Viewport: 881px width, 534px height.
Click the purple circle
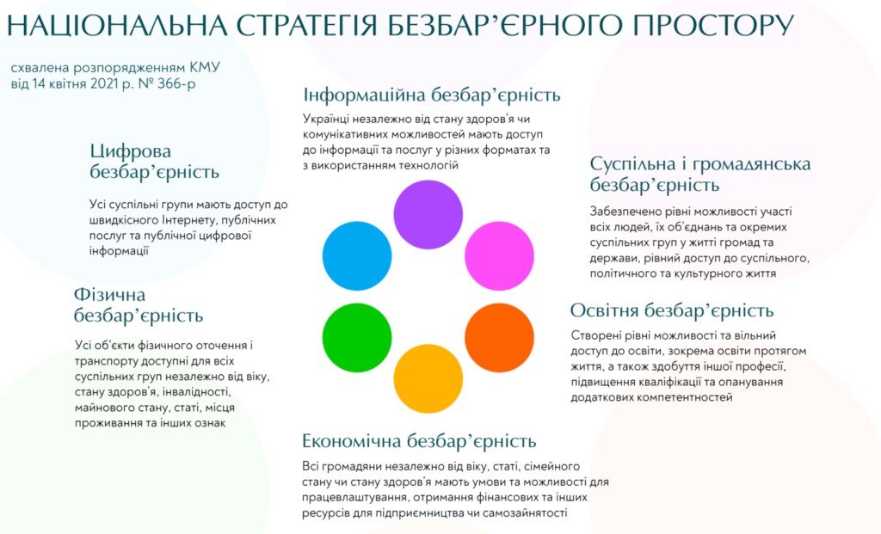[x=428, y=214]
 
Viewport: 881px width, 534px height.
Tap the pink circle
[x=500, y=256]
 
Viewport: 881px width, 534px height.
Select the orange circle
[x=500, y=338]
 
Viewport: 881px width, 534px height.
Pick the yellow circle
[x=428, y=378]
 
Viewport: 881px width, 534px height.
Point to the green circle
[x=357, y=338]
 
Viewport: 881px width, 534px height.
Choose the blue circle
[x=357, y=256]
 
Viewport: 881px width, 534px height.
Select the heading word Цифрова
[x=131, y=151]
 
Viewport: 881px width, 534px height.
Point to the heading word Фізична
[x=109, y=295]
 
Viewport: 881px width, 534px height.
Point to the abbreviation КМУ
[x=204, y=68]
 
